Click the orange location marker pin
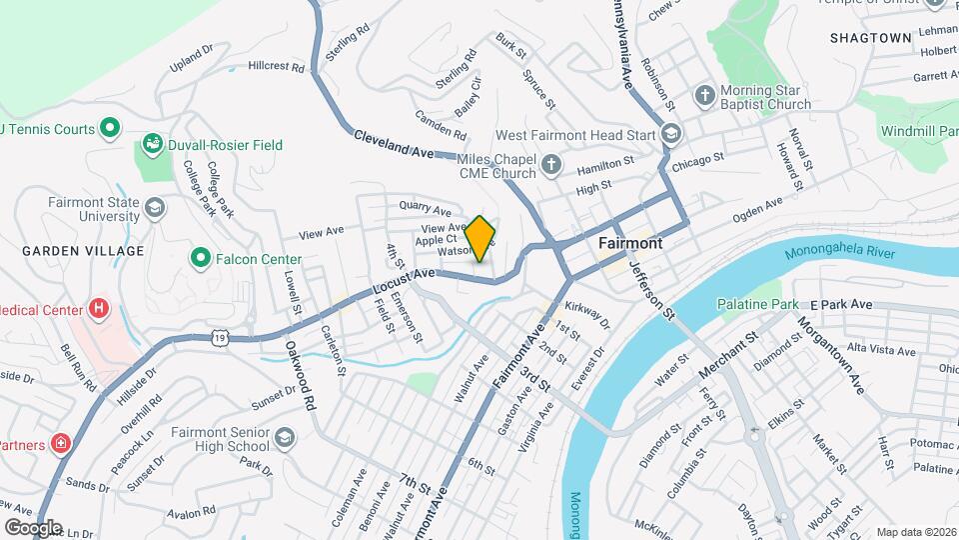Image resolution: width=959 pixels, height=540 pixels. point(480,238)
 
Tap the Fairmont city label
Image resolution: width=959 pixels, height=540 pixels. point(630,243)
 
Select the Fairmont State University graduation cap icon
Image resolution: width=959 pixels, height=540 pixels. point(154,207)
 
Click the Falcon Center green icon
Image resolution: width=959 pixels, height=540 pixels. point(201,259)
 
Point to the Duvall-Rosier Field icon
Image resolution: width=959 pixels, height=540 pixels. point(153,145)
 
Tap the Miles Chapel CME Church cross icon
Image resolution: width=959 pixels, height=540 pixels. point(551,162)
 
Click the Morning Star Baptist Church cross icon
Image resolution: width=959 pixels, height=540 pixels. point(704,96)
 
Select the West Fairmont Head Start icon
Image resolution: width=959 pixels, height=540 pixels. point(670,134)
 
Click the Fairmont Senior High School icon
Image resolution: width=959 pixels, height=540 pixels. point(285,438)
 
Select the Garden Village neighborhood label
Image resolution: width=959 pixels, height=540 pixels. point(83,251)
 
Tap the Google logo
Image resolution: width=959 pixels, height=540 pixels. point(33,527)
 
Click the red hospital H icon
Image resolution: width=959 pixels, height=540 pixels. point(99,308)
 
